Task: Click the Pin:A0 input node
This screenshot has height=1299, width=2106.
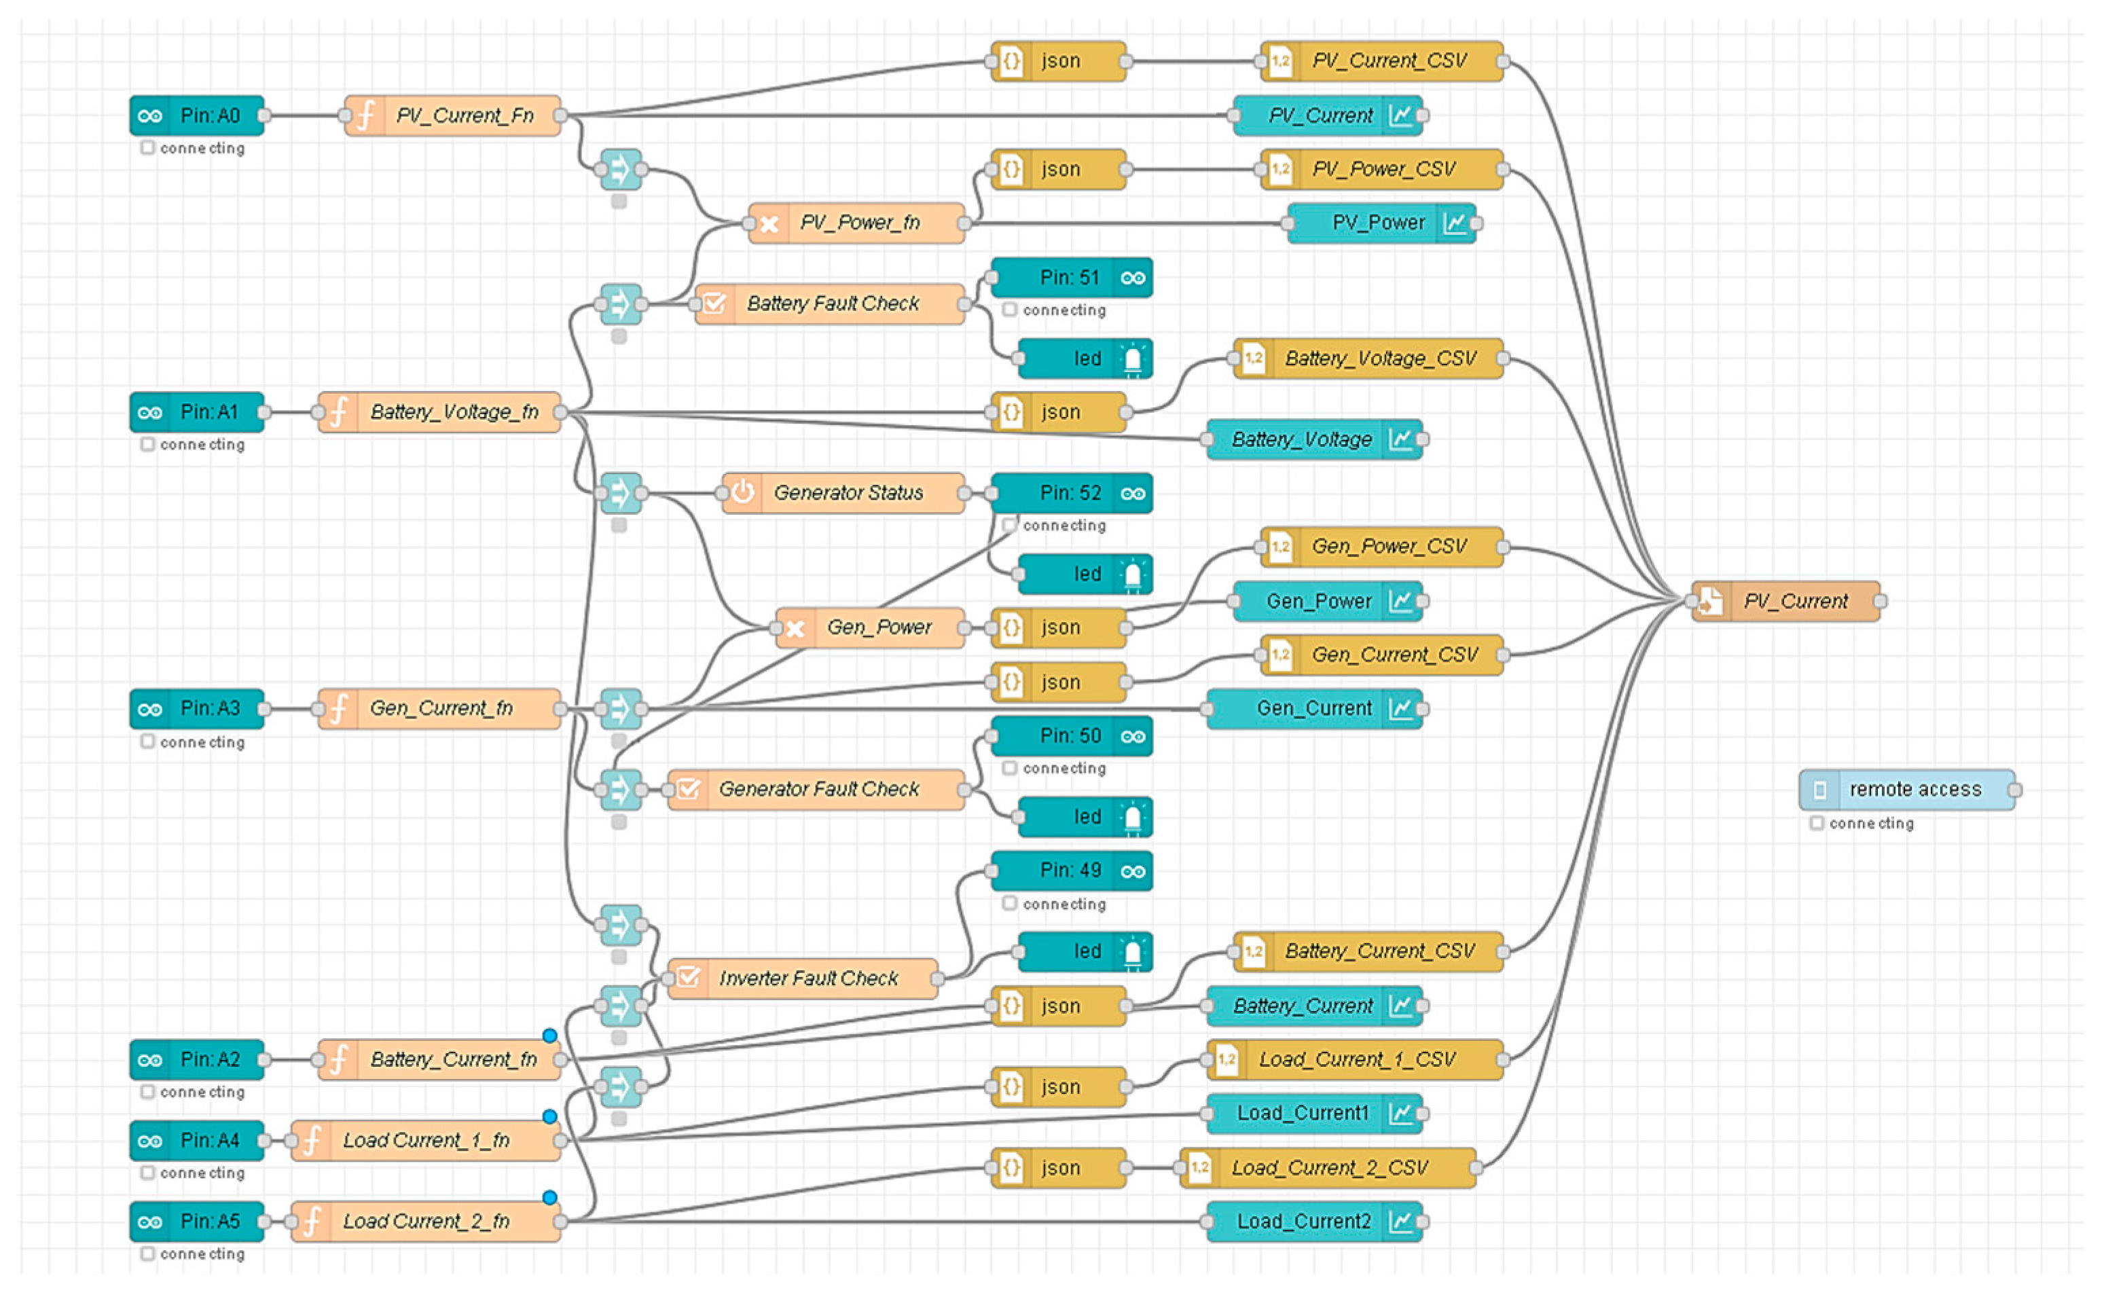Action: pyautogui.click(x=197, y=115)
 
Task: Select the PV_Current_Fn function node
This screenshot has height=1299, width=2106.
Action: pyautogui.click(x=454, y=115)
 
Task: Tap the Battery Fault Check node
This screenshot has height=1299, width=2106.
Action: pyautogui.click(x=830, y=304)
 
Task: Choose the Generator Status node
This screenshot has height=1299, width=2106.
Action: pyautogui.click(x=843, y=493)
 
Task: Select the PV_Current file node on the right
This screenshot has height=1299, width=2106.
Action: pyautogui.click(x=1785, y=602)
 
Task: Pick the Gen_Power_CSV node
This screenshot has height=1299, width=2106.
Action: pyautogui.click(x=1381, y=547)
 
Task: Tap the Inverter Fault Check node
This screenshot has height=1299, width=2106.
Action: pyautogui.click(x=803, y=978)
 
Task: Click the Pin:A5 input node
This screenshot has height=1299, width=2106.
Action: pyautogui.click(x=197, y=1222)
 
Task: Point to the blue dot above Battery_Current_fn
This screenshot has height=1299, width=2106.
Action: pyautogui.click(x=550, y=1036)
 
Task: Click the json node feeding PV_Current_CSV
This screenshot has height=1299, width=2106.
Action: pyautogui.click(x=1059, y=61)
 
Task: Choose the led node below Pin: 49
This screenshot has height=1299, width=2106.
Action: pyautogui.click(x=1085, y=951)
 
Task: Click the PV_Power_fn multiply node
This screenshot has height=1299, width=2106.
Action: pyautogui.click(x=856, y=223)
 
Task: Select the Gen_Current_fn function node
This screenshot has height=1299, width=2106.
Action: pyautogui.click(x=440, y=709)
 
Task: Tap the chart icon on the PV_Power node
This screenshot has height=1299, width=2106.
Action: pyautogui.click(x=1455, y=223)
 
